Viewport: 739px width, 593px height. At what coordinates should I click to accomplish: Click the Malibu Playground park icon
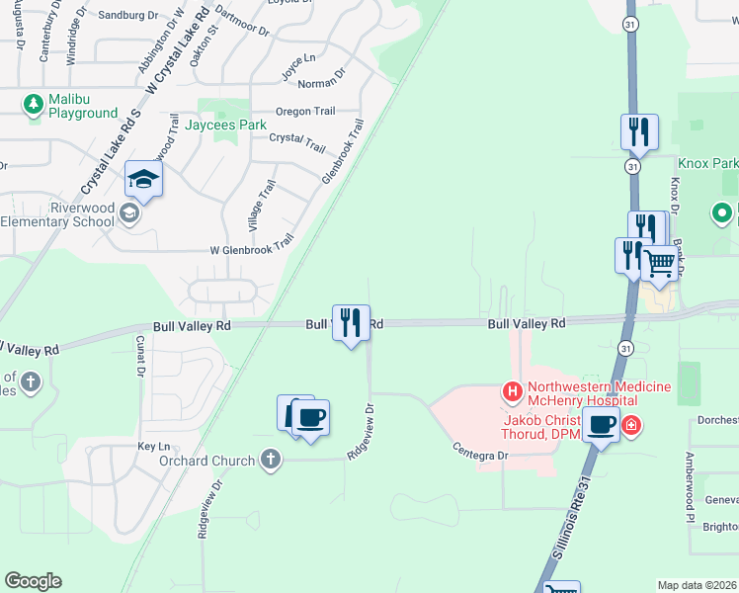click(34, 103)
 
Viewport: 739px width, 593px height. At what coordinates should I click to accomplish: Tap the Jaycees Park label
click(226, 126)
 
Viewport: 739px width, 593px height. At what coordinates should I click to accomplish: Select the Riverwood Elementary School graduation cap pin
click(143, 179)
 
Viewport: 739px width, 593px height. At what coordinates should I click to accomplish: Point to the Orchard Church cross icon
click(271, 460)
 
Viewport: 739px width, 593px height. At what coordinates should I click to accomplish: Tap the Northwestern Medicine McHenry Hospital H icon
click(513, 392)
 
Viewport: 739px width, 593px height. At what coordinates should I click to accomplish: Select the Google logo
click(33, 581)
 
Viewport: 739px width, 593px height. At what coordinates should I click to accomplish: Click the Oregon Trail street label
click(305, 112)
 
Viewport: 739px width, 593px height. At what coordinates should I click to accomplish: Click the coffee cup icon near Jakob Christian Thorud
click(600, 426)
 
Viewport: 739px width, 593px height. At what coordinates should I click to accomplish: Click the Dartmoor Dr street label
click(241, 21)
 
